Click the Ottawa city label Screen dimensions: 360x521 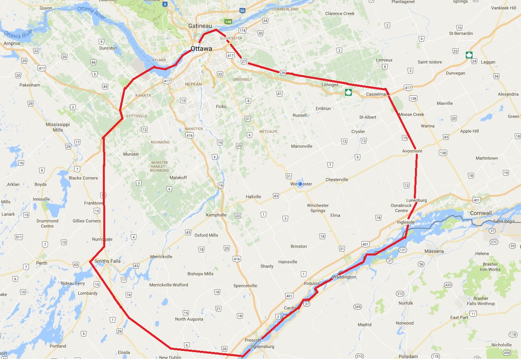[x=201, y=49]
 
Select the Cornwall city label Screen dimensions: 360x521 [x=480, y=213]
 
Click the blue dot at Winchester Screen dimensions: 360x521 [x=300, y=184]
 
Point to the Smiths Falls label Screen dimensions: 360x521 [x=107, y=261]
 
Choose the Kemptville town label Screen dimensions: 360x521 [x=216, y=215]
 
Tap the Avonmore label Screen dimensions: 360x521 [x=412, y=151]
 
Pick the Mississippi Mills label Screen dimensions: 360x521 [x=58, y=127]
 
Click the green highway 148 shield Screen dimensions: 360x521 [x=228, y=21]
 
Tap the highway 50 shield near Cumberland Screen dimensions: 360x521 [x=242, y=10]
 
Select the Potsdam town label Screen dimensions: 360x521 [x=408, y=356]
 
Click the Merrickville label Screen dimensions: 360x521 [x=161, y=257]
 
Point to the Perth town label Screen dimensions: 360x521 [x=41, y=263]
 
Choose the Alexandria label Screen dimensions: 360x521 [x=508, y=94]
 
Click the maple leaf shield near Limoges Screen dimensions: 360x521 [x=348, y=93]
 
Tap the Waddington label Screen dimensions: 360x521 [x=344, y=277]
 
